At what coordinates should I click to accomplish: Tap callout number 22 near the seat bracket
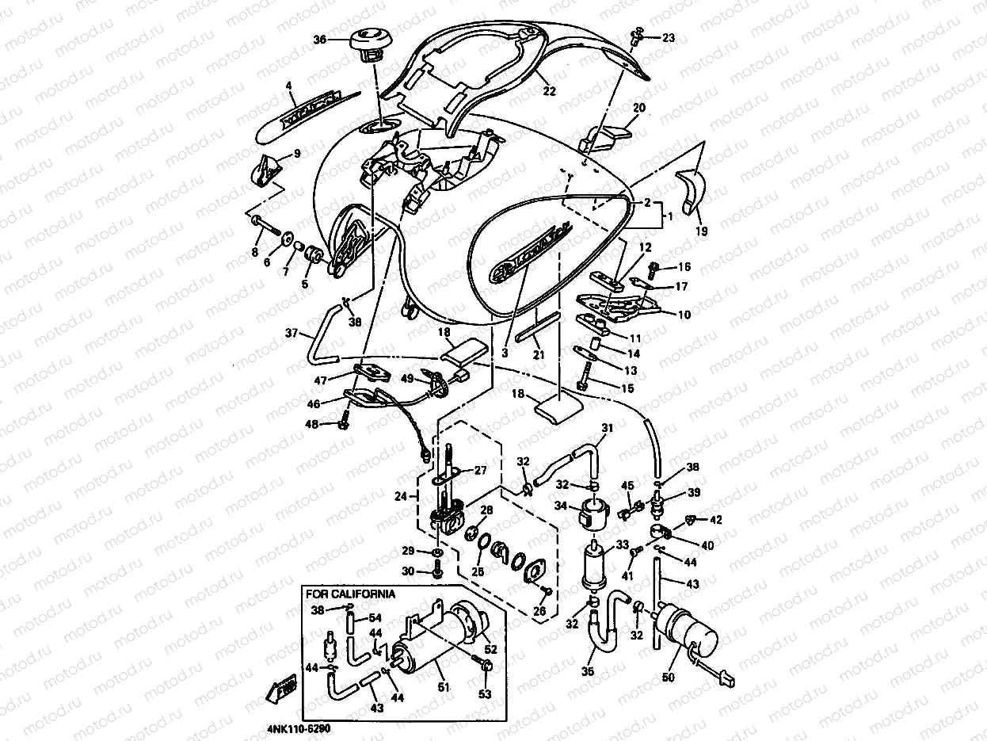click(549, 91)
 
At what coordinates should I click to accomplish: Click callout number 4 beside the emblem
click(289, 85)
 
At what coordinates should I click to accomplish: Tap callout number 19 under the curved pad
click(702, 231)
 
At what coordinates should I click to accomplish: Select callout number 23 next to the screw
click(669, 37)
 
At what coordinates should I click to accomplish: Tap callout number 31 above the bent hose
click(607, 429)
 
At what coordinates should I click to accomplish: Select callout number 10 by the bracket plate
click(684, 315)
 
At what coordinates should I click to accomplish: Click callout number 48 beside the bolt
click(313, 425)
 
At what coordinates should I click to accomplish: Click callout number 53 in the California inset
click(485, 694)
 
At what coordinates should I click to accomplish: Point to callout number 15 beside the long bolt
click(628, 388)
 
